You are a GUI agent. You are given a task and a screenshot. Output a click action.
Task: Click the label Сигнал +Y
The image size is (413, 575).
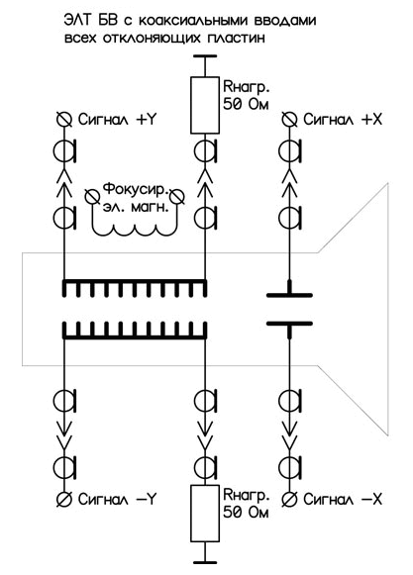click(x=118, y=120)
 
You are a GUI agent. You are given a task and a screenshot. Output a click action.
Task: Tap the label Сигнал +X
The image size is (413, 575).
click(x=343, y=120)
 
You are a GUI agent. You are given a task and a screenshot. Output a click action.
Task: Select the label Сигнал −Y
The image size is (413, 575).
click(x=118, y=499)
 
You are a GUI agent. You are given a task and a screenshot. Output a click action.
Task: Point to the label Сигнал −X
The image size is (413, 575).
click(x=343, y=499)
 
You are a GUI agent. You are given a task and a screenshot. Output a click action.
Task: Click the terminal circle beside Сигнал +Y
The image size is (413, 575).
click(x=64, y=120)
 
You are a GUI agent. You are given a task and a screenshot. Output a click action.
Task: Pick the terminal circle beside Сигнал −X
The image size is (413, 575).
click(x=289, y=499)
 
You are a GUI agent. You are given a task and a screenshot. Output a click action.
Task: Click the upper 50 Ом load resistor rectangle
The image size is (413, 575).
click(x=205, y=105)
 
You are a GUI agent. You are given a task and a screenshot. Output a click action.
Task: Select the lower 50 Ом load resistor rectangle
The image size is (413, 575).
click(x=205, y=513)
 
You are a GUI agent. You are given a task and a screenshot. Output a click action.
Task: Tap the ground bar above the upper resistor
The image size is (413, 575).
click(x=205, y=56)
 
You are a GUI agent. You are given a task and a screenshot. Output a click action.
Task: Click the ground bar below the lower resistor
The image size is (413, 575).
click(x=205, y=562)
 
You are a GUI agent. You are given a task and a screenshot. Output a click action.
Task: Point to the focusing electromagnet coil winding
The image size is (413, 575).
click(x=135, y=230)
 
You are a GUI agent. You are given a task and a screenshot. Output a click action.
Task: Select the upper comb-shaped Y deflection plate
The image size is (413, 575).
click(x=135, y=288)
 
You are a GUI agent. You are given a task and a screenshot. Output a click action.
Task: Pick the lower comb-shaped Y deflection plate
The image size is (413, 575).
click(x=135, y=331)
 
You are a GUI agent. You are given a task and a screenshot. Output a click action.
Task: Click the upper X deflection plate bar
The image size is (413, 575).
click(x=289, y=295)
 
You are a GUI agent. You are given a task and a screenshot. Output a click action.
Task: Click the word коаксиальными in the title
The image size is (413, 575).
click(x=194, y=21)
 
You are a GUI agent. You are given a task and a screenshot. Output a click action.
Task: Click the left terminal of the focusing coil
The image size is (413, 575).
click(x=91, y=196)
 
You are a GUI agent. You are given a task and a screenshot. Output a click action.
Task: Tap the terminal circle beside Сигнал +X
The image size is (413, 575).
click(x=289, y=120)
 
